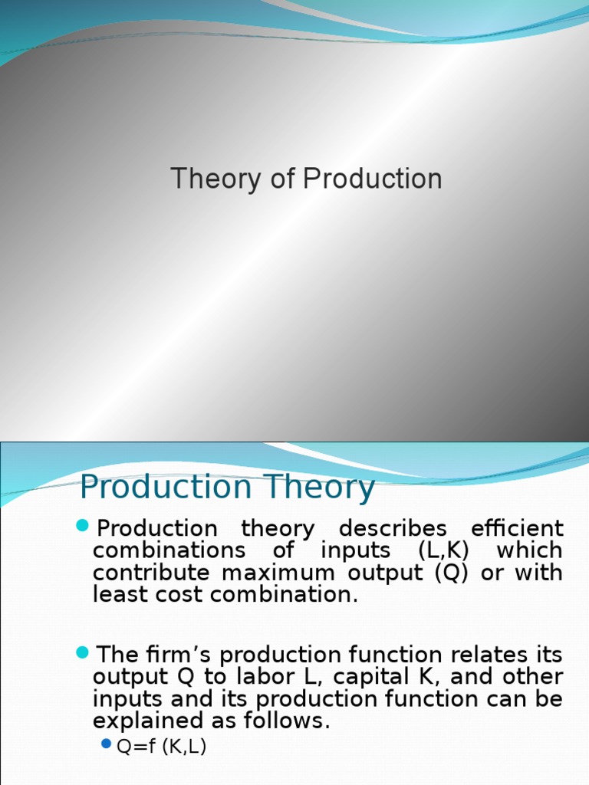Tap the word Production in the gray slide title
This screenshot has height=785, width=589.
point(372,179)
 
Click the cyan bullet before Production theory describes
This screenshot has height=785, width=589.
point(83,527)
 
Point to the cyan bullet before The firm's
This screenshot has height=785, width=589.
point(83,653)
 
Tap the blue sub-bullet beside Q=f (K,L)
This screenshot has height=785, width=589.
point(107,744)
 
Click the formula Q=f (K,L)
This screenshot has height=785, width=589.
point(161,747)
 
